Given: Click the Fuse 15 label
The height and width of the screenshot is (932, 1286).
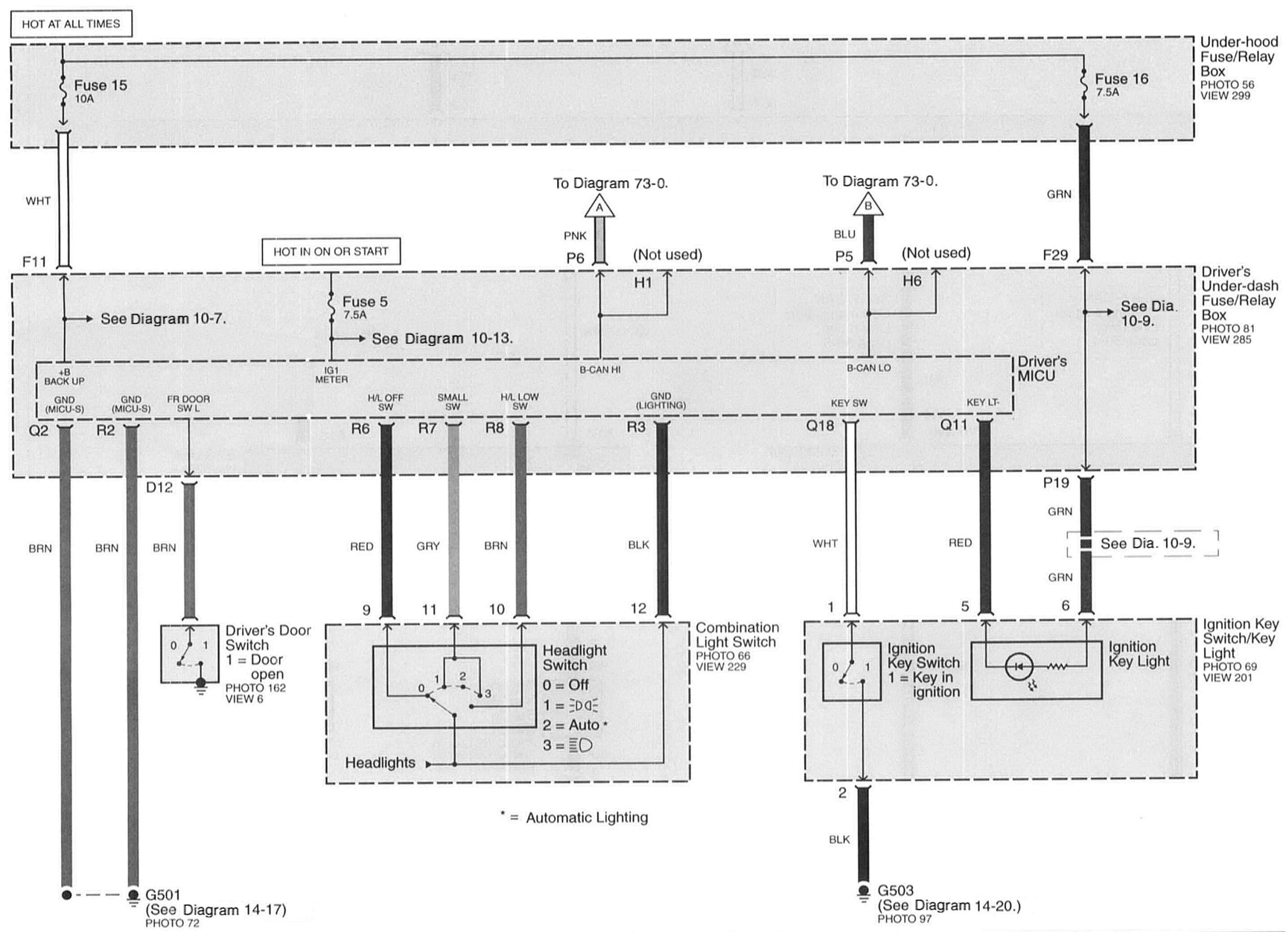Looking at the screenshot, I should [100, 86].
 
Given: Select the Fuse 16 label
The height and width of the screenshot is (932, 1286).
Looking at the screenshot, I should [1121, 79].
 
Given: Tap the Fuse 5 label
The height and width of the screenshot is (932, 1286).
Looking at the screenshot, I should [364, 302].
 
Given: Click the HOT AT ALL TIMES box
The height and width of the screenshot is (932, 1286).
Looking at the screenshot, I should [71, 24].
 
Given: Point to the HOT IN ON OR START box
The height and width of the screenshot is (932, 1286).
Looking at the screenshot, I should [330, 252].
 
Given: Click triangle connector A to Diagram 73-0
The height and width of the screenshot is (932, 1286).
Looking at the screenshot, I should [599, 206].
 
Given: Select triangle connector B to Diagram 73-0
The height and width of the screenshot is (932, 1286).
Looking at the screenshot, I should [867, 205].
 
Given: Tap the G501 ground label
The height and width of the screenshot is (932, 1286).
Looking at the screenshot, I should [163, 895].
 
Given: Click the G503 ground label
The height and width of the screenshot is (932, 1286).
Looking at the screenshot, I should [895, 890].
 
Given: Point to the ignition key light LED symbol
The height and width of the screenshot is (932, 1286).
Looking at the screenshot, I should [1019, 667].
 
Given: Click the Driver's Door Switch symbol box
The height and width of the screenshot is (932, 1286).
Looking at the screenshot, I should [189, 654].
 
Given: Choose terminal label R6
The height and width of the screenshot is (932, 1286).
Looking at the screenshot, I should [360, 429].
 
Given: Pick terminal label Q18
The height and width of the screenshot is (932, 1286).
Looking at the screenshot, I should [820, 425].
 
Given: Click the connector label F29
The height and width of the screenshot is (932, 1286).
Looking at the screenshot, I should [1055, 255].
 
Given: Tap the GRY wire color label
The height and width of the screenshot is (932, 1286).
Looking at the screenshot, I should [428, 546].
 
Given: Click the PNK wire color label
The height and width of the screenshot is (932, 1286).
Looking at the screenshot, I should [574, 236].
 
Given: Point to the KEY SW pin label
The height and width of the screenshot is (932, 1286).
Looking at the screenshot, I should [849, 403].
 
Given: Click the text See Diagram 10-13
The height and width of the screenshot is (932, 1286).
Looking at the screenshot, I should [442, 339].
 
